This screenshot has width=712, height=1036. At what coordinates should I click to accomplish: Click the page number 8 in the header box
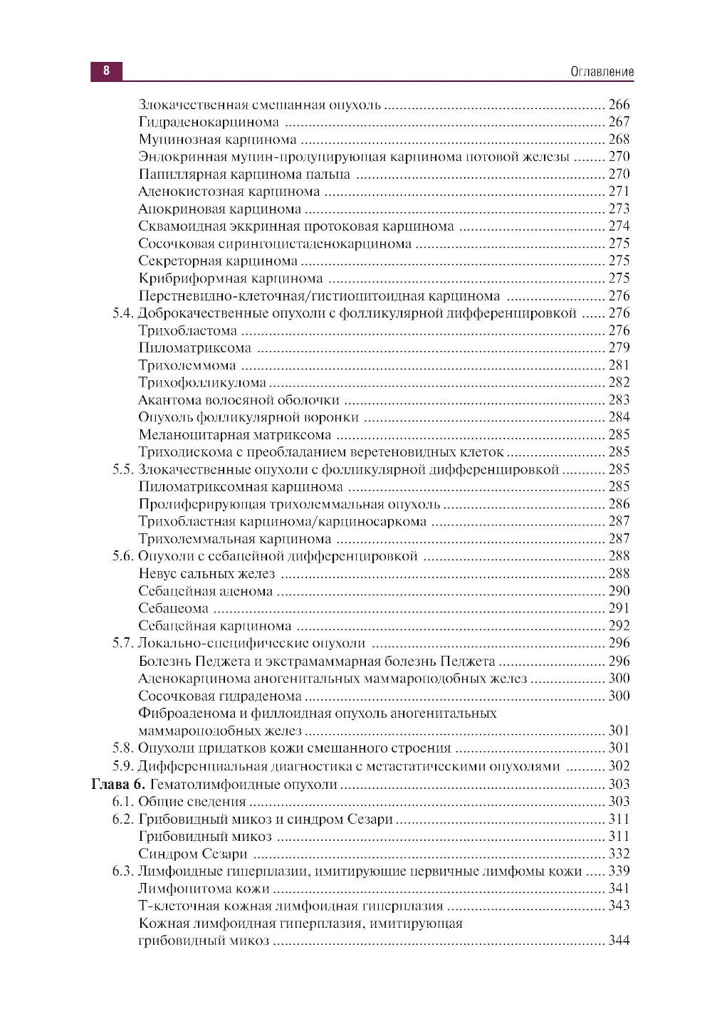[106, 71]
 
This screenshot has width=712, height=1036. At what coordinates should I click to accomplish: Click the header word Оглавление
[602, 72]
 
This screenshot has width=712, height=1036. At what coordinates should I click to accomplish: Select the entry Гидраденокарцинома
[209, 122]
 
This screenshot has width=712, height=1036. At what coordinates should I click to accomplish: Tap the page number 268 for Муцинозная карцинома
[619, 140]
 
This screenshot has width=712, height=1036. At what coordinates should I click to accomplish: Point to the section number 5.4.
[122, 313]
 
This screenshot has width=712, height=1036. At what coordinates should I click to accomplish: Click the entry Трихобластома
[187, 330]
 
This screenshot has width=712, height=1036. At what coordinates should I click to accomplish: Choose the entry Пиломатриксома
[194, 348]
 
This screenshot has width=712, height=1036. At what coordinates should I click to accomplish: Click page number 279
[619, 348]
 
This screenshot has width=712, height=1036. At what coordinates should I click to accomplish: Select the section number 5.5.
[122, 469]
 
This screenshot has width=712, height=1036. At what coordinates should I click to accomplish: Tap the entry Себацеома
[174, 609]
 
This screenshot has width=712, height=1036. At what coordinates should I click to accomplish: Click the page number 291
[619, 609]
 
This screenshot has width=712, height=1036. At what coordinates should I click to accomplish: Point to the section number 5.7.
[122, 643]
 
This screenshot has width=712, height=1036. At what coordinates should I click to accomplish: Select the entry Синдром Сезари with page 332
[193, 854]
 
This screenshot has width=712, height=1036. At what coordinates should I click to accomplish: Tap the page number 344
[619, 941]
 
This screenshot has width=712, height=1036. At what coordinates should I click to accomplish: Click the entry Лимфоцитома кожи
[204, 889]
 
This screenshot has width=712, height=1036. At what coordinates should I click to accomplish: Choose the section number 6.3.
[122, 871]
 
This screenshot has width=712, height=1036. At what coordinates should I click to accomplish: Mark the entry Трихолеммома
[187, 366]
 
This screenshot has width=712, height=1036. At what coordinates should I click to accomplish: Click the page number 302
[619, 767]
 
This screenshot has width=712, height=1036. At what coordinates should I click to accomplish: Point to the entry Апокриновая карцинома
[220, 209]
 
